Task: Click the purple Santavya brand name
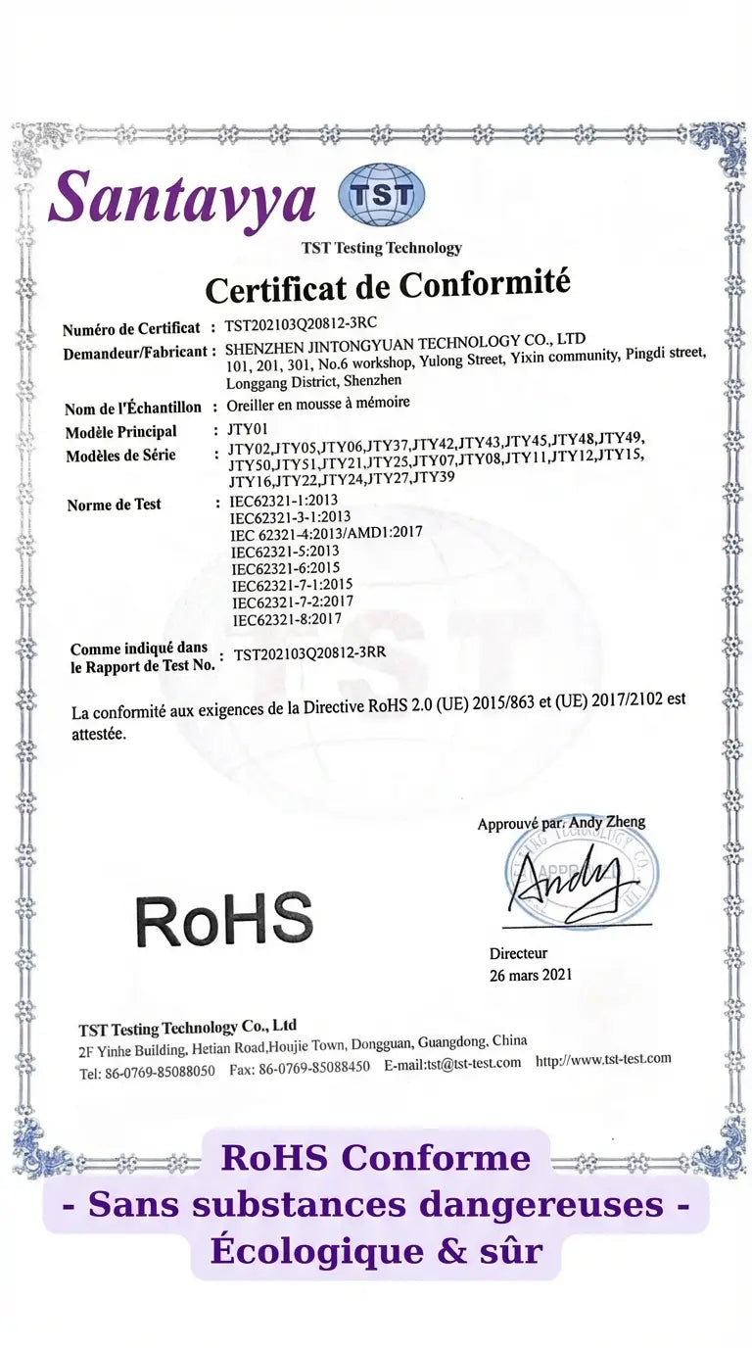tap(182, 197)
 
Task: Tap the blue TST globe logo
tap(381, 194)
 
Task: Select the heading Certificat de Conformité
tap(387, 286)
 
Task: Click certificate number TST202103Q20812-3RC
tap(301, 323)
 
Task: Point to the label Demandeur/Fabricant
tap(136, 352)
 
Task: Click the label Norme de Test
tap(114, 505)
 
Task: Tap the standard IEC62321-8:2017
tap(286, 619)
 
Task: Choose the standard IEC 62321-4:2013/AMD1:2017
tap(326, 534)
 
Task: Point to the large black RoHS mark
tap(224, 920)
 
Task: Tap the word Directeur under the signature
tap(518, 953)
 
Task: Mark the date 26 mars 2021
tap(531, 975)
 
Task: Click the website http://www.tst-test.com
tap(603, 1058)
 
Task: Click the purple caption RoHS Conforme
tap(376, 1157)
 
